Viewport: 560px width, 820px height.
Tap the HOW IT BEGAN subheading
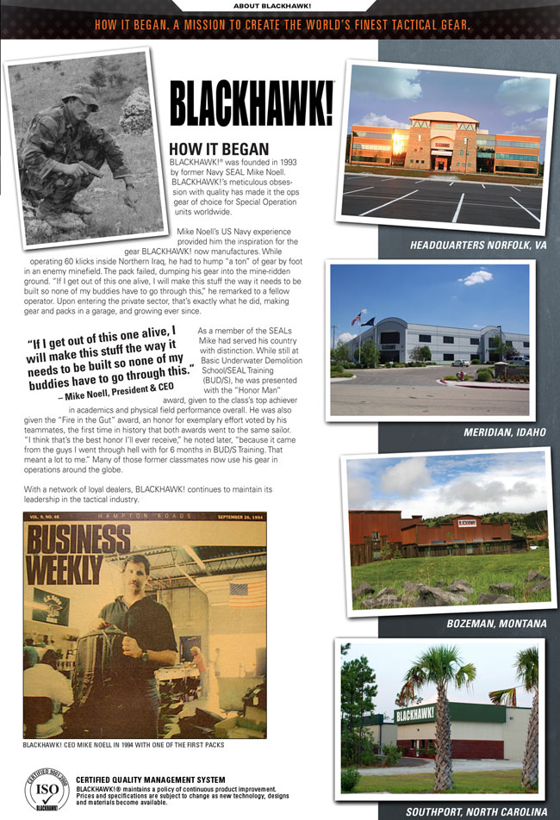click(x=220, y=149)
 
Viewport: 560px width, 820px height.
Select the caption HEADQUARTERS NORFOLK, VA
click(x=479, y=245)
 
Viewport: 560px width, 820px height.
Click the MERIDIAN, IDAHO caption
click(x=504, y=431)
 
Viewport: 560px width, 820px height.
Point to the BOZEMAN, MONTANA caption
click(x=496, y=623)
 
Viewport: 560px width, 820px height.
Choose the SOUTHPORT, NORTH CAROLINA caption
click(x=476, y=811)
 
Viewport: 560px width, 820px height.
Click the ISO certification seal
click(x=47, y=791)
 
